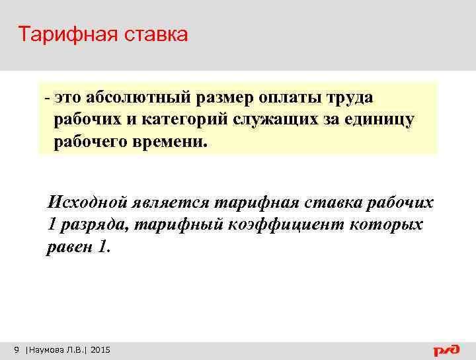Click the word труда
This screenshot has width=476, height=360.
click(351, 98)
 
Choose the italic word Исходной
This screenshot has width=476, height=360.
click(85, 202)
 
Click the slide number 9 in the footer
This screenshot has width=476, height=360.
click(17, 349)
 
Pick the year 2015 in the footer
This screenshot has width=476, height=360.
click(100, 349)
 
